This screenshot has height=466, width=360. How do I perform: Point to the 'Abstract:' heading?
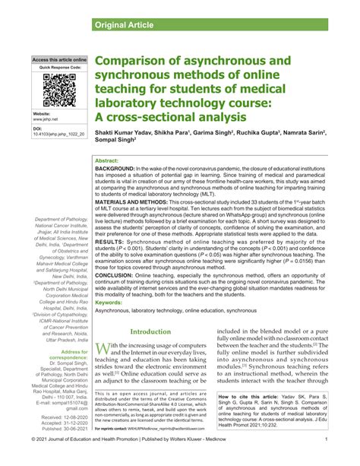(106, 162)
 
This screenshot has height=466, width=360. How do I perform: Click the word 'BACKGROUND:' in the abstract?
(115, 169)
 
